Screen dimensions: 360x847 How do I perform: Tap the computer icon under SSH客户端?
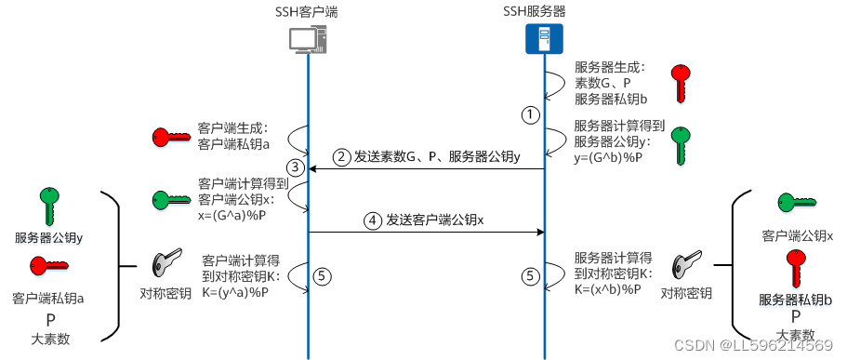click(x=307, y=40)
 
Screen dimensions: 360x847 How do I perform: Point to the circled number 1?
click(x=529, y=114)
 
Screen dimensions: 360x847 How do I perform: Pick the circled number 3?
click(x=296, y=168)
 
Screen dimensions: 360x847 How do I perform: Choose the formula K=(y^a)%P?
click(x=236, y=292)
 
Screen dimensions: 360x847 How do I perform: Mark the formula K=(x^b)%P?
click(x=610, y=289)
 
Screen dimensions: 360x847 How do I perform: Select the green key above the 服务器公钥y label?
click(x=48, y=206)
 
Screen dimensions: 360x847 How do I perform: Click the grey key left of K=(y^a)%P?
click(x=165, y=265)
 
